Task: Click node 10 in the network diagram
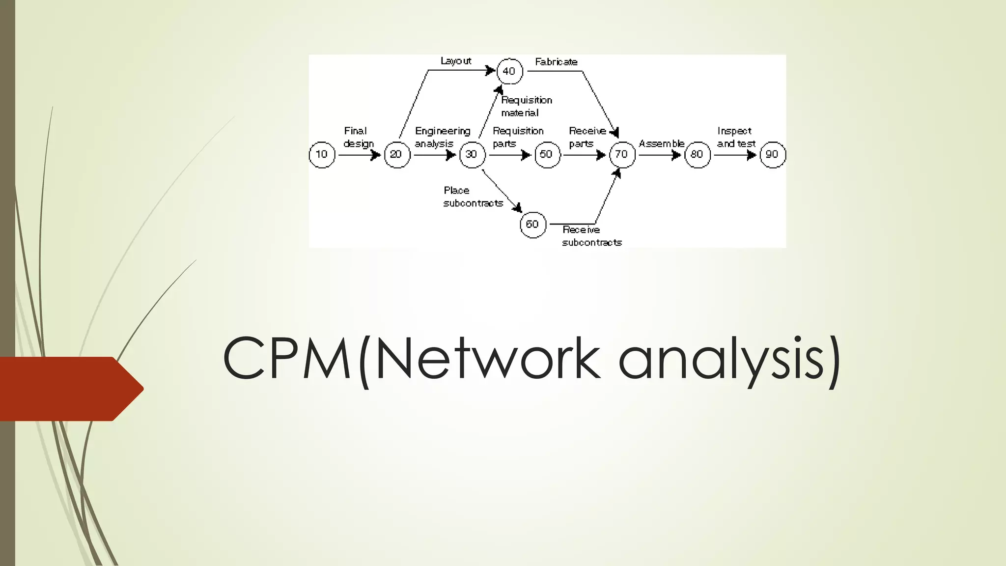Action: [x=322, y=155]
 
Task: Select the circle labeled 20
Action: [x=397, y=155]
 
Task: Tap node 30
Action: [x=472, y=155]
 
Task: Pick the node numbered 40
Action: [x=509, y=71]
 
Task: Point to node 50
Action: [x=547, y=155]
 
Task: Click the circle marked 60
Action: [x=533, y=225]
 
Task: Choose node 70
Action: [x=622, y=155]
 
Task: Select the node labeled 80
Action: [x=697, y=155]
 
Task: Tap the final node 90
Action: [x=772, y=155]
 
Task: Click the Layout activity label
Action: [x=456, y=61]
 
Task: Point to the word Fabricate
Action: [x=556, y=62]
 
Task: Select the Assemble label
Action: [x=661, y=143]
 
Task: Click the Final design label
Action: [x=358, y=137]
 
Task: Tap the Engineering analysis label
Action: [x=442, y=137]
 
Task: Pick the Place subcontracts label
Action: [x=473, y=197]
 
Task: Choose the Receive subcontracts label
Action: [x=591, y=236]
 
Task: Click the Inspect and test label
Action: [x=736, y=137]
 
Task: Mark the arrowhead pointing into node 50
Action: [x=527, y=155]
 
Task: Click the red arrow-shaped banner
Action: [x=69, y=389]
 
